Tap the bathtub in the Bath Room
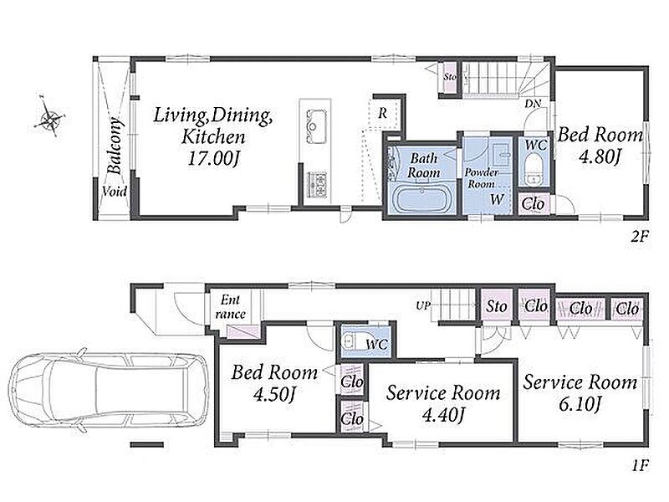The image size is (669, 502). point(422,199)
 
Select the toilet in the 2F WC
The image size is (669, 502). point(533,170)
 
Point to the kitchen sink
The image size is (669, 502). point(315,127)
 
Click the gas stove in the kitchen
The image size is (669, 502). point(317,184)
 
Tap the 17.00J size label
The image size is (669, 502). point(213,159)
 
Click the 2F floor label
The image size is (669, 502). point(640,236)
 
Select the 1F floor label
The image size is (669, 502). point(640,465)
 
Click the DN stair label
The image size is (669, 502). point(533,104)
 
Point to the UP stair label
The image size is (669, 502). point(423,305)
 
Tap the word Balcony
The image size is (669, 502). point(115,146)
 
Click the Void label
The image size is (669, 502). point(115,192)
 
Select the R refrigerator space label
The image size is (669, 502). point(383,113)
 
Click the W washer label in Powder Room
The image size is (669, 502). point(497,199)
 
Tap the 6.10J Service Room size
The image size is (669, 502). point(580,404)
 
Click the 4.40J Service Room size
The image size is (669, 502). point(443,414)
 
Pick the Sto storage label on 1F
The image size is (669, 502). point(497,306)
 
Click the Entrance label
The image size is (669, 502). point(231,307)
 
